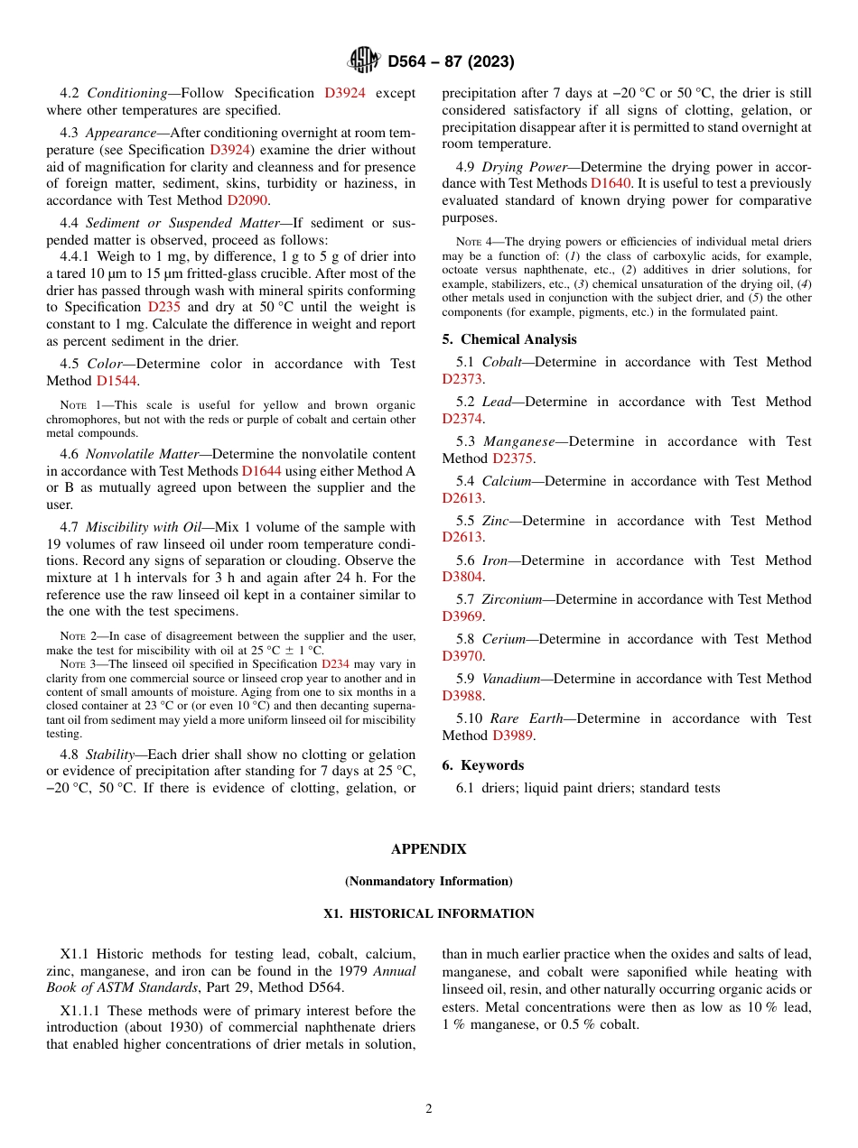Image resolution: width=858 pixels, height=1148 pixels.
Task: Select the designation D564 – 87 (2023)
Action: click(451, 62)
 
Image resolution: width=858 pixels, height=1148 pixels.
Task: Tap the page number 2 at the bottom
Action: click(429, 1109)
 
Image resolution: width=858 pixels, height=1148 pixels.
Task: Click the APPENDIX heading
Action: click(429, 849)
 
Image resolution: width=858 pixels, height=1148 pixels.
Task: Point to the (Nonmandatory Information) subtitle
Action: click(429, 881)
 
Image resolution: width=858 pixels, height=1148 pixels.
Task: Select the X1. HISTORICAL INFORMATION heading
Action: click(429, 913)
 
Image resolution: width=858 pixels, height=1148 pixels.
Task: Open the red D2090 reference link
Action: click(247, 200)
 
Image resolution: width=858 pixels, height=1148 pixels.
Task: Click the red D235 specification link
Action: click(163, 307)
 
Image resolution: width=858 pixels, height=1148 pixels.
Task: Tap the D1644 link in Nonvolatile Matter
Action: click(261, 470)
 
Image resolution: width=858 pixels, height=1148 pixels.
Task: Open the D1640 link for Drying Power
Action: click(611, 183)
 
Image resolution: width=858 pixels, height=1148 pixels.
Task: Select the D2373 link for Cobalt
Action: click(462, 379)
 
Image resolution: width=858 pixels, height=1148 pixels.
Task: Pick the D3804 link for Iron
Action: click(462, 577)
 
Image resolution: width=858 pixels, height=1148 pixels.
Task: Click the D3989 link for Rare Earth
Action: click(513, 736)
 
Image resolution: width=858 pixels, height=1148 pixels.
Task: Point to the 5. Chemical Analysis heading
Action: click(508, 339)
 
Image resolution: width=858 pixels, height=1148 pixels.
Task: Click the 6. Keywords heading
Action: click(482, 765)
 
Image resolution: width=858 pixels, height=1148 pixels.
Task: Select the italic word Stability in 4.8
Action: click(109, 755)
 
